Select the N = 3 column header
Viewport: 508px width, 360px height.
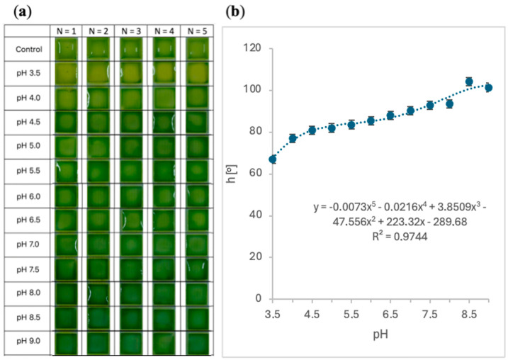click(131, 31)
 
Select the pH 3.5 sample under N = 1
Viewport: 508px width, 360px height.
click(65, 73)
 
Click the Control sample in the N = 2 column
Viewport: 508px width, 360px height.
click(98, 49)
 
